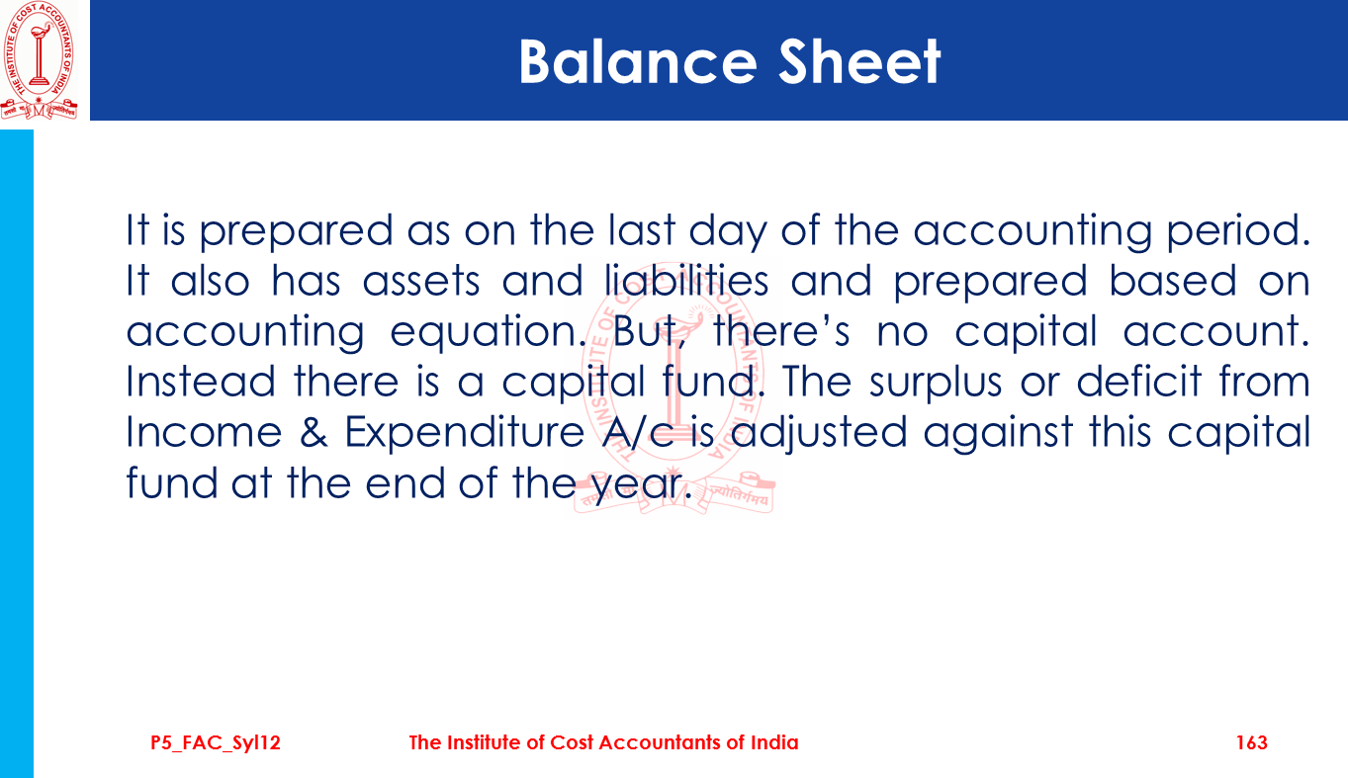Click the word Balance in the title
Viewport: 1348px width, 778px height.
pyautogui.click(x=637, y=61)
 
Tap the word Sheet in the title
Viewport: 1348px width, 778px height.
pyautogui.click(x=859, y=61)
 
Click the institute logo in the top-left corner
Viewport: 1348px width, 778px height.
pyautogui.click(x=40, y=60)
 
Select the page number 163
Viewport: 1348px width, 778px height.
pyautogui.click(x=1252, y=742)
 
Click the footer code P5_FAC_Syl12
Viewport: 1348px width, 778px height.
pyautogui.click(x=216, y=743)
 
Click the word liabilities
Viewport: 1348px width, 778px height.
pyautogui.click(x=686, y=281)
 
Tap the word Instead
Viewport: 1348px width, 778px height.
pyautogui.click(x=201, y=382)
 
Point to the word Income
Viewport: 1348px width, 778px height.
pyautogui.click(x=204, y=432)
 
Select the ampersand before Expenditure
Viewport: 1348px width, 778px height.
pyautogui.click(x=314, y=432)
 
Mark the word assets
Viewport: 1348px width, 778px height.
pyautogui.click(x=421, y=282)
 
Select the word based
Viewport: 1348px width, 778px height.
pyautogui.click(x=1173, y=281)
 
